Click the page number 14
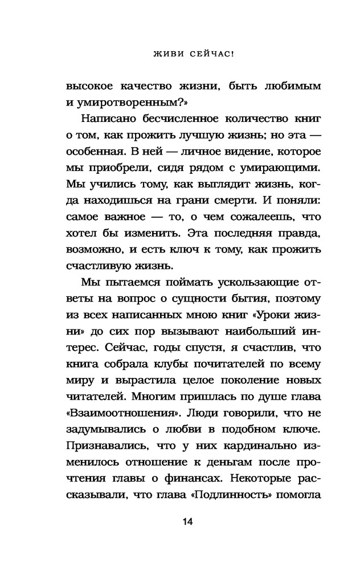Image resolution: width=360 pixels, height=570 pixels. pyautogui.click(x=179, y=522)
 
